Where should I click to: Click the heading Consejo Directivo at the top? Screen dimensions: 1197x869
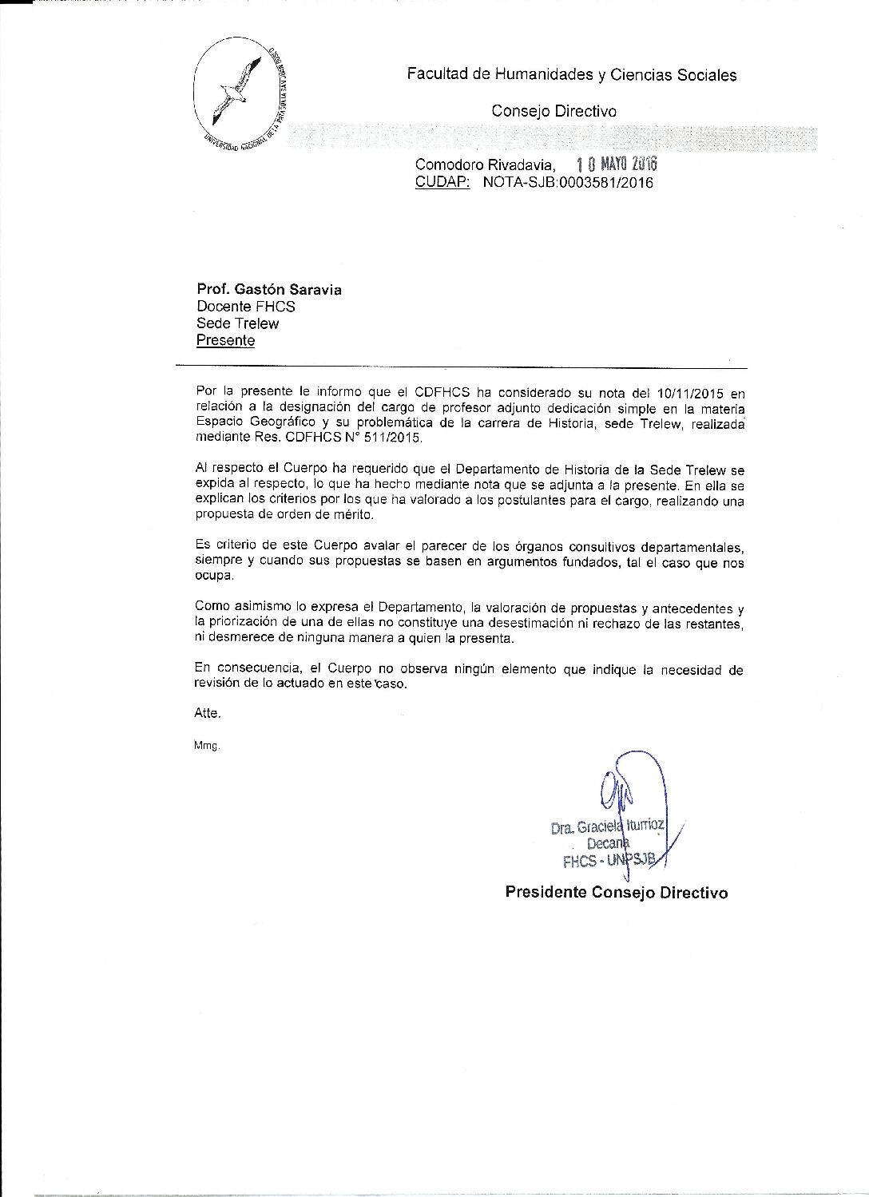tap(554, 112)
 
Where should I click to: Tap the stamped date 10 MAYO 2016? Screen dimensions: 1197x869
tap(616, 164)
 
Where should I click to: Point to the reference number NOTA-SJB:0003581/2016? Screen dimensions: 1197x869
tap(568, 182)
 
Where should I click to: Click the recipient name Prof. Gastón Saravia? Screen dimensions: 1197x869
tap(269, 290)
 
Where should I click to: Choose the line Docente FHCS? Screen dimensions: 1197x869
tap(246, 307)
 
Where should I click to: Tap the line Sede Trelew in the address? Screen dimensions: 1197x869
tap(238, 323)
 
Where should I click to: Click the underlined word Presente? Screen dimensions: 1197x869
tap(226, 340)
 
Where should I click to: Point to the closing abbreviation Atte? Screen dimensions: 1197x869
tap(207, 713)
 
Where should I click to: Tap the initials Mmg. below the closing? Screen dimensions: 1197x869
tap(206, 746)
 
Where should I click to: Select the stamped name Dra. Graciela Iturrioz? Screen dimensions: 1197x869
tap(607, 827)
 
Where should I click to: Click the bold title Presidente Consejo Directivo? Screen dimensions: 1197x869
tap(616, 892)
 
